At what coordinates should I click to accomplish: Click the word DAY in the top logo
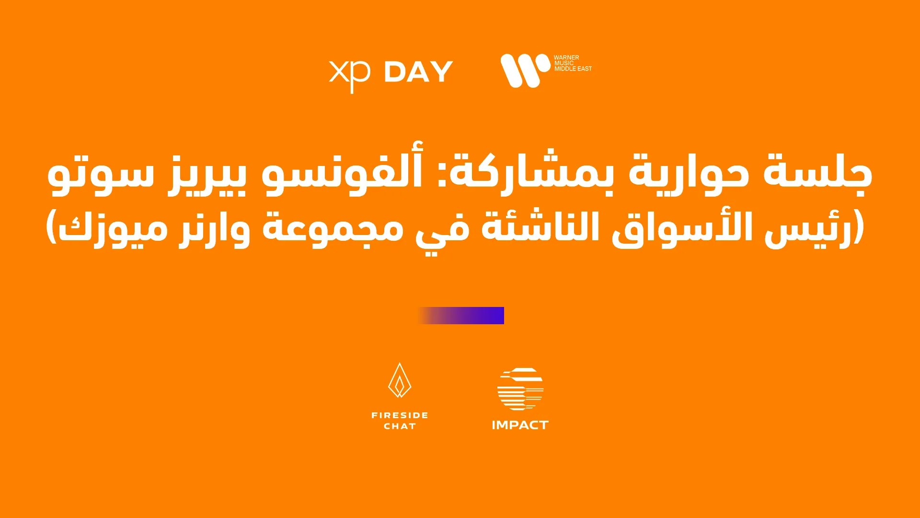(x=418, y=72)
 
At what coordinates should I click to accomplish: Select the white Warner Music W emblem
(x=525, y=71)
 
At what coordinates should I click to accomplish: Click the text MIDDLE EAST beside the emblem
(x=573, y=69)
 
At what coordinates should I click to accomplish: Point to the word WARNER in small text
(x=566, y=58)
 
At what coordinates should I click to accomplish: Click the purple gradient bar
(x=460, y=316)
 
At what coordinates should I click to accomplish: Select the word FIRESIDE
(x=400, y=415)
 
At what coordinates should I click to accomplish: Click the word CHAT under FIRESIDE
(x=400, y=426)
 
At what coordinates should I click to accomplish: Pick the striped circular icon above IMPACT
(x=520, y=389)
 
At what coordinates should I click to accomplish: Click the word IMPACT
(x=520, y=425)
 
